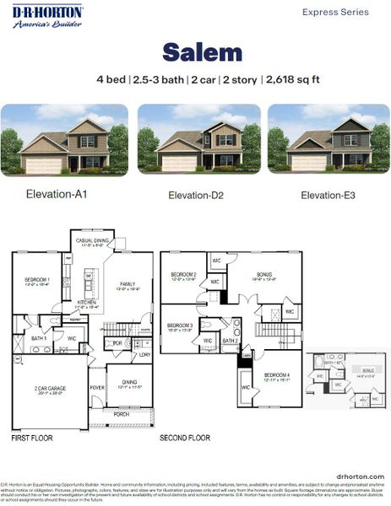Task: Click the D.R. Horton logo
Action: [47, 15]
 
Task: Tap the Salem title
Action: [202, 52]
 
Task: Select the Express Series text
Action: [335, 13]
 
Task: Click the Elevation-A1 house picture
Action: [64, 140]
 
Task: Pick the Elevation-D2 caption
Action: [195, 196]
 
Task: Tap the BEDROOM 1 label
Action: [37, 280]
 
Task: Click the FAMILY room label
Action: [128, 284]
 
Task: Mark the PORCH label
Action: [123, 414]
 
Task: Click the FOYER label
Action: [97, 388]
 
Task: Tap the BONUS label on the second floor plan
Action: [264, 275]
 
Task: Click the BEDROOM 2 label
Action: [183, 275]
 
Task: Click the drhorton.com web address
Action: [360, 476]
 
